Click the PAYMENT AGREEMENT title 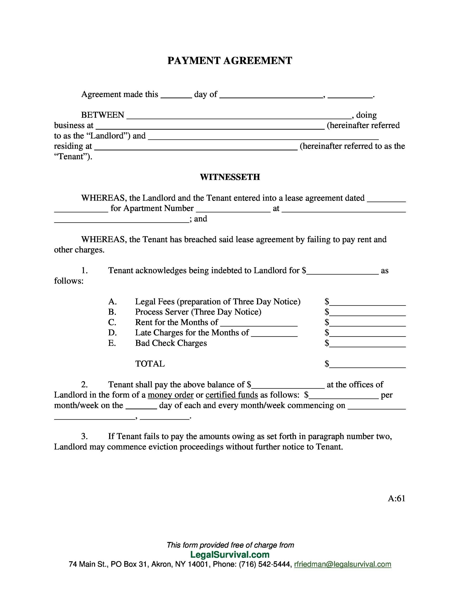pos(230,60)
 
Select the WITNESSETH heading pos(230,177)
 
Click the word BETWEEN pos(103,115)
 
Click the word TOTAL pos(150,364)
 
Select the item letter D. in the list pos(112,333)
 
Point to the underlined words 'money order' pos(170,395)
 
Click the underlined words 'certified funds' pos(232,395)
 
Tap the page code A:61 pos(396,499)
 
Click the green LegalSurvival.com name pos(230,555)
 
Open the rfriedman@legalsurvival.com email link pos(343,564)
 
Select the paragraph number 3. pos(84,436)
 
